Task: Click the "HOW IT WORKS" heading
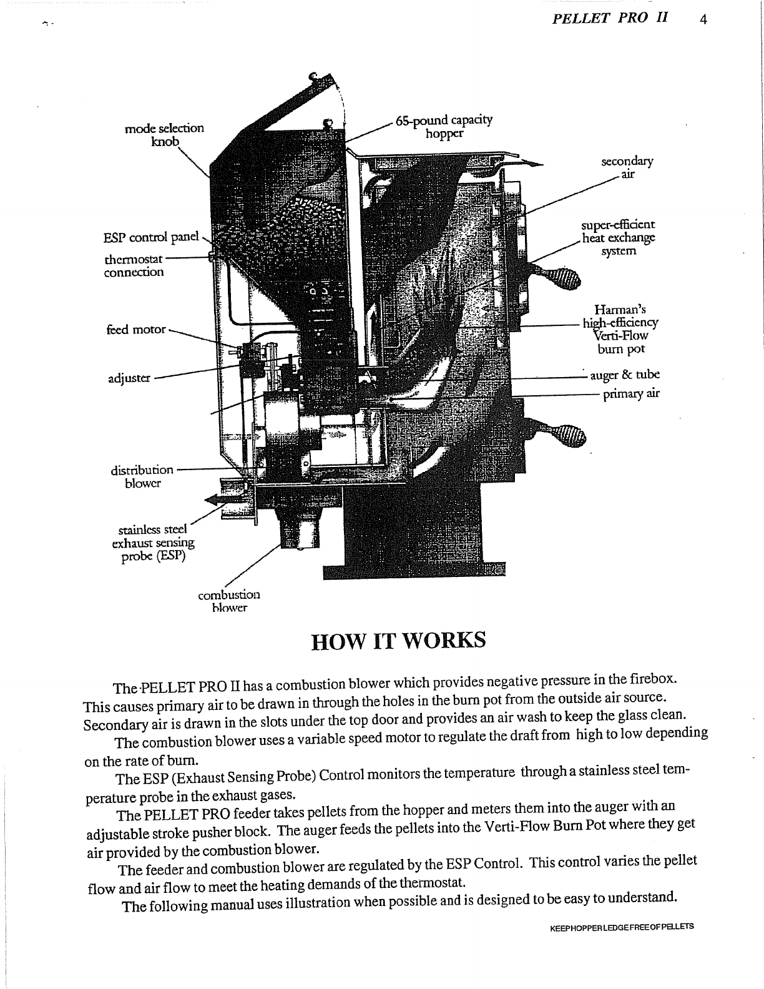click(398, 641)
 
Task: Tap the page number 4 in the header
click(703, 19)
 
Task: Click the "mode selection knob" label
click(165, 135)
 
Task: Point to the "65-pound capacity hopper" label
click(444, 126)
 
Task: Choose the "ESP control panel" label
click(151, 237)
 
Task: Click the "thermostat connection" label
click(134, 265)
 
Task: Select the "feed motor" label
click(136, 329)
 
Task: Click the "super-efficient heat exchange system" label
click(618, 238)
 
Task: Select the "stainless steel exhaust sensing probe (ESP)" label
click(153, 543)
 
